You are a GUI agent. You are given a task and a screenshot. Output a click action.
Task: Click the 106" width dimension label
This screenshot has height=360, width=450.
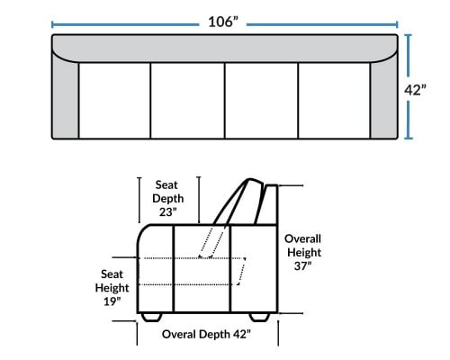click(x=223, y=22)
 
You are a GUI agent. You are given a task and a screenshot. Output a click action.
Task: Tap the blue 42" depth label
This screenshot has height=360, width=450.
click(x=415, y=90)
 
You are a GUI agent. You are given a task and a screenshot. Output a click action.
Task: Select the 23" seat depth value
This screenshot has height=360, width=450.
click(x=168, y=211)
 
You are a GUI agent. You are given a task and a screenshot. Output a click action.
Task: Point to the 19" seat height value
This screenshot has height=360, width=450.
click(x=112, y=301)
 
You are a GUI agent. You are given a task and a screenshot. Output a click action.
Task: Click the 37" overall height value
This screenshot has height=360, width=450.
click(x=302, y=265)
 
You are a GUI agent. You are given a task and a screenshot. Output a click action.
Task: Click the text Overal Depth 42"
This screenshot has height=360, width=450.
click(x=206, y=334)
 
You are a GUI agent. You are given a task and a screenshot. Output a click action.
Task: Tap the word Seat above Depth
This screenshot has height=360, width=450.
click(x=166, y=184)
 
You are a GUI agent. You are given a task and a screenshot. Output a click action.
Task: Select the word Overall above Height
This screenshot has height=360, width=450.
click(x=302, y=238)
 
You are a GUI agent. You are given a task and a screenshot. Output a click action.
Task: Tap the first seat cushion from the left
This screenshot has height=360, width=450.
click(x=114, y=101)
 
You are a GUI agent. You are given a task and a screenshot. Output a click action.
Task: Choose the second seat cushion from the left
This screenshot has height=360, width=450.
click(x=187, y=101)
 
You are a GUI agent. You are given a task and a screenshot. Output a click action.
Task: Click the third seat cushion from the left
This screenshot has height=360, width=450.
click(x=261, y=101)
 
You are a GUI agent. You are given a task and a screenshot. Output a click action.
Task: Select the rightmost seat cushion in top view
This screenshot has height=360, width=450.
click(x=334, y=101)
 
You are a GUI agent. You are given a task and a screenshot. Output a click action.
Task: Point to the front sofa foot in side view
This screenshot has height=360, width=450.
click(x=151, y=318)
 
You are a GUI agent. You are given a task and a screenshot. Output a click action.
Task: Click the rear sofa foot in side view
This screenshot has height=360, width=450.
click(x=259, y=318)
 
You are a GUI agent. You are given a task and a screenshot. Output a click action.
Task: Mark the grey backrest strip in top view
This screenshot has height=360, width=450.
click(x=225, y=48)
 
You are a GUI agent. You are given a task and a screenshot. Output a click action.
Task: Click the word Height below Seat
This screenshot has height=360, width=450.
click(x=112, y=288)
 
